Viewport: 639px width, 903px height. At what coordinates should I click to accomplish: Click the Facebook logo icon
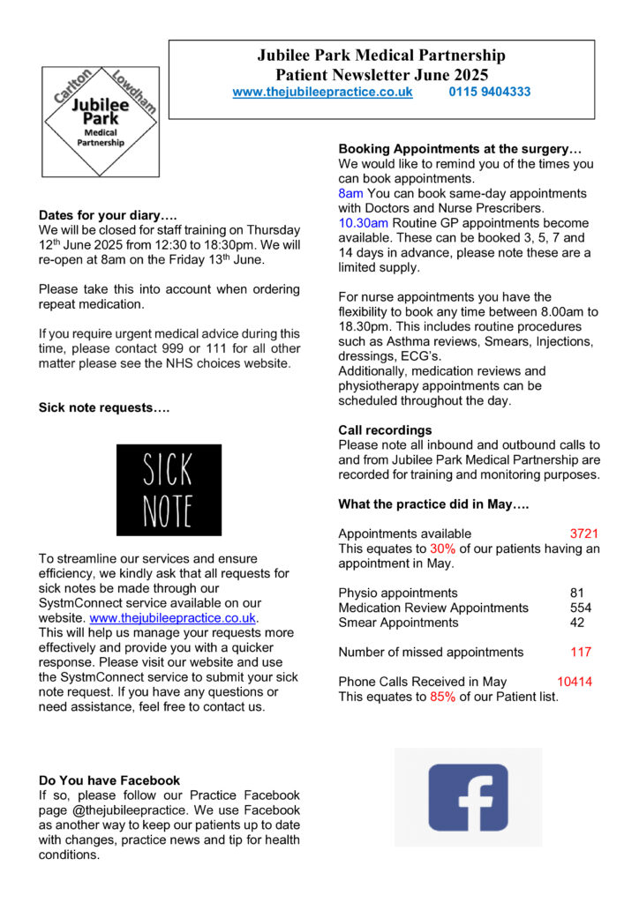pos(468,796)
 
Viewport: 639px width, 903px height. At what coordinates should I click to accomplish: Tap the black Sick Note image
pos(169,489)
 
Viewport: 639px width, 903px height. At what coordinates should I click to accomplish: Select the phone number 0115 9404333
pos(489,92)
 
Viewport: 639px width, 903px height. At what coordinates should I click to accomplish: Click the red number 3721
pos(584,534)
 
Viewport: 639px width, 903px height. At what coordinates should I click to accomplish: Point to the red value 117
pos(581,653)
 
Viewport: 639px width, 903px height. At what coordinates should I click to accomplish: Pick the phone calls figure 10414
pos(575,682)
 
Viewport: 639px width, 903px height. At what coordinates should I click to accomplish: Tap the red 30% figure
pos(442,549)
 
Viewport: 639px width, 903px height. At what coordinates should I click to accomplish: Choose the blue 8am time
pos(350,193)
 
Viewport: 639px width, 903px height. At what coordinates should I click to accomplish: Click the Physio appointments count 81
pos(577,593)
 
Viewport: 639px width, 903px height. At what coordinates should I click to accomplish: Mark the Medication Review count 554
pos(581,608)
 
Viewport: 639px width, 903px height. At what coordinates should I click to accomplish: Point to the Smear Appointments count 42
pos(577,623)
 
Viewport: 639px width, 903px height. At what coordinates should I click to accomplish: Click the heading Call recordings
pos(385,430)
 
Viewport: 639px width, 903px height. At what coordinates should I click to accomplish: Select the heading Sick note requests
pos(104,408)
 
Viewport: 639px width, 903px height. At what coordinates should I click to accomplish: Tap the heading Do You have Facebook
pos(109,780)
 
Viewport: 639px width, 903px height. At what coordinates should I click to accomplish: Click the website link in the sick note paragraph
pos(174,618)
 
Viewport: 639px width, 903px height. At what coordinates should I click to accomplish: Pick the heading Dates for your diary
pos(108,215)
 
